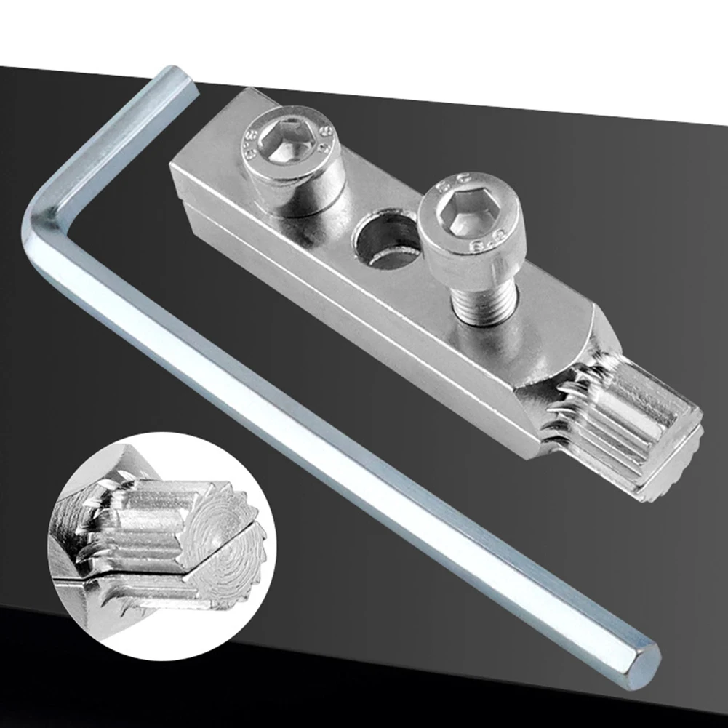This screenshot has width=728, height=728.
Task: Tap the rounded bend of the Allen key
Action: pyautogui.click(x=40, y=218)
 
